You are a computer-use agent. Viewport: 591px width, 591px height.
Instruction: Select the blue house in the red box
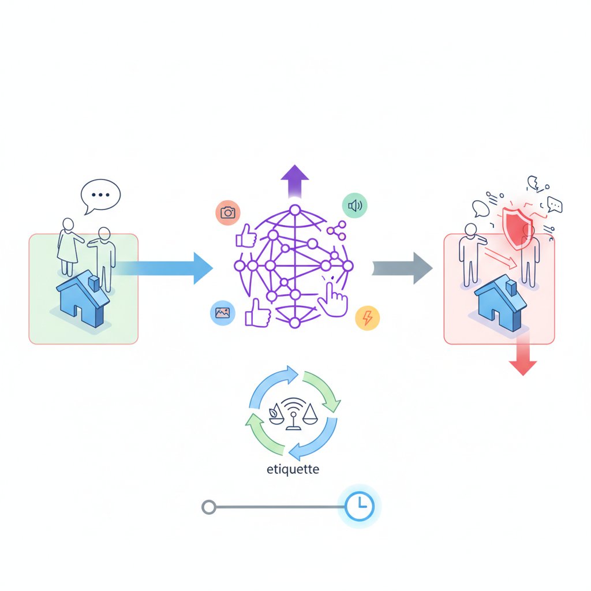500,302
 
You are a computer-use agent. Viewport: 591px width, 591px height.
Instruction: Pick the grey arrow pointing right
402,268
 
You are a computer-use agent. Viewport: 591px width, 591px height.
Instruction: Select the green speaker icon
354,205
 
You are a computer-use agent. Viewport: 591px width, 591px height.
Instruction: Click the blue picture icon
222,312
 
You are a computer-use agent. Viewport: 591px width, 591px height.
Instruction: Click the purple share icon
336,230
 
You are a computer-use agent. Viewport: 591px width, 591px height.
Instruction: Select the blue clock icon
360,507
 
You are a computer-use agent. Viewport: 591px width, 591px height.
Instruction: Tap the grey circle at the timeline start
208,507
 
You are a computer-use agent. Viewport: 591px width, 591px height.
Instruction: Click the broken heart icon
533,184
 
